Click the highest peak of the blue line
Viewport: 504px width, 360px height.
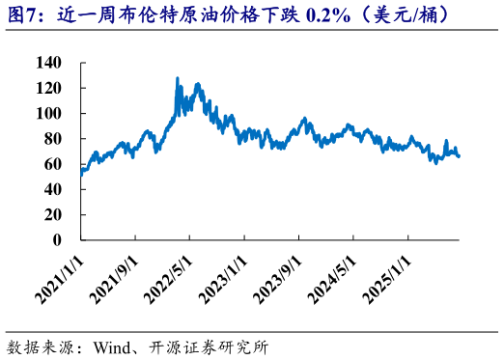click(177, 78)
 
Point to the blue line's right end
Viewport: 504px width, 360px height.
click(459, 155)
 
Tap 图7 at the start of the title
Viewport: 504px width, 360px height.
click(22, 15)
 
